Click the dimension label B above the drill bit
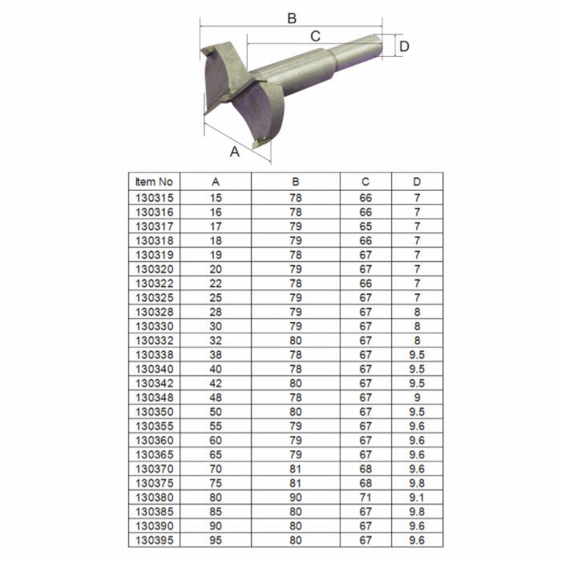coord(292,17)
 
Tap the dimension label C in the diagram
coord(315,35)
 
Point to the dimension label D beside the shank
coord(404,46)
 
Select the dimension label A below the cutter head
coord(235,151)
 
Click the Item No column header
coord(154,182)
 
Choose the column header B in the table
coord(296,182)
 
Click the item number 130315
coord(155,197)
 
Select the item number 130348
coord(155,398)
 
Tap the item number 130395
coord(155,540)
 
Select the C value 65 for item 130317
coord(365,226)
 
